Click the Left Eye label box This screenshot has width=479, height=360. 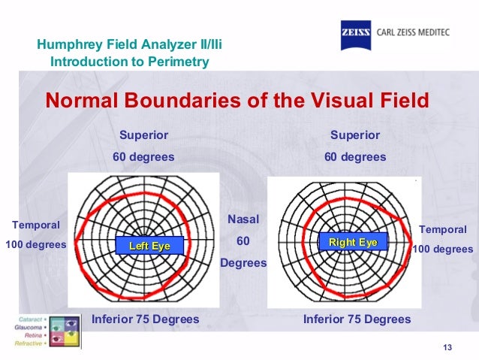(x=150, y=246)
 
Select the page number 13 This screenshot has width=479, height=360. (x=449, y=346)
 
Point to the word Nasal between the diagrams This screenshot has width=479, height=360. (x=243, y=219)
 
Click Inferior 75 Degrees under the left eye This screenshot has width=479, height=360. (x=145, y=319)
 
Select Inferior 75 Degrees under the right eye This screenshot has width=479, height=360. (x=357, y=319)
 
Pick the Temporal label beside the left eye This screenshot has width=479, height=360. (x=35, y=225)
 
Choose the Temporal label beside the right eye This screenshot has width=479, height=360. (x=442, y=229)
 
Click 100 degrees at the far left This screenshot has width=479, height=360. (x=36, y=245)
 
